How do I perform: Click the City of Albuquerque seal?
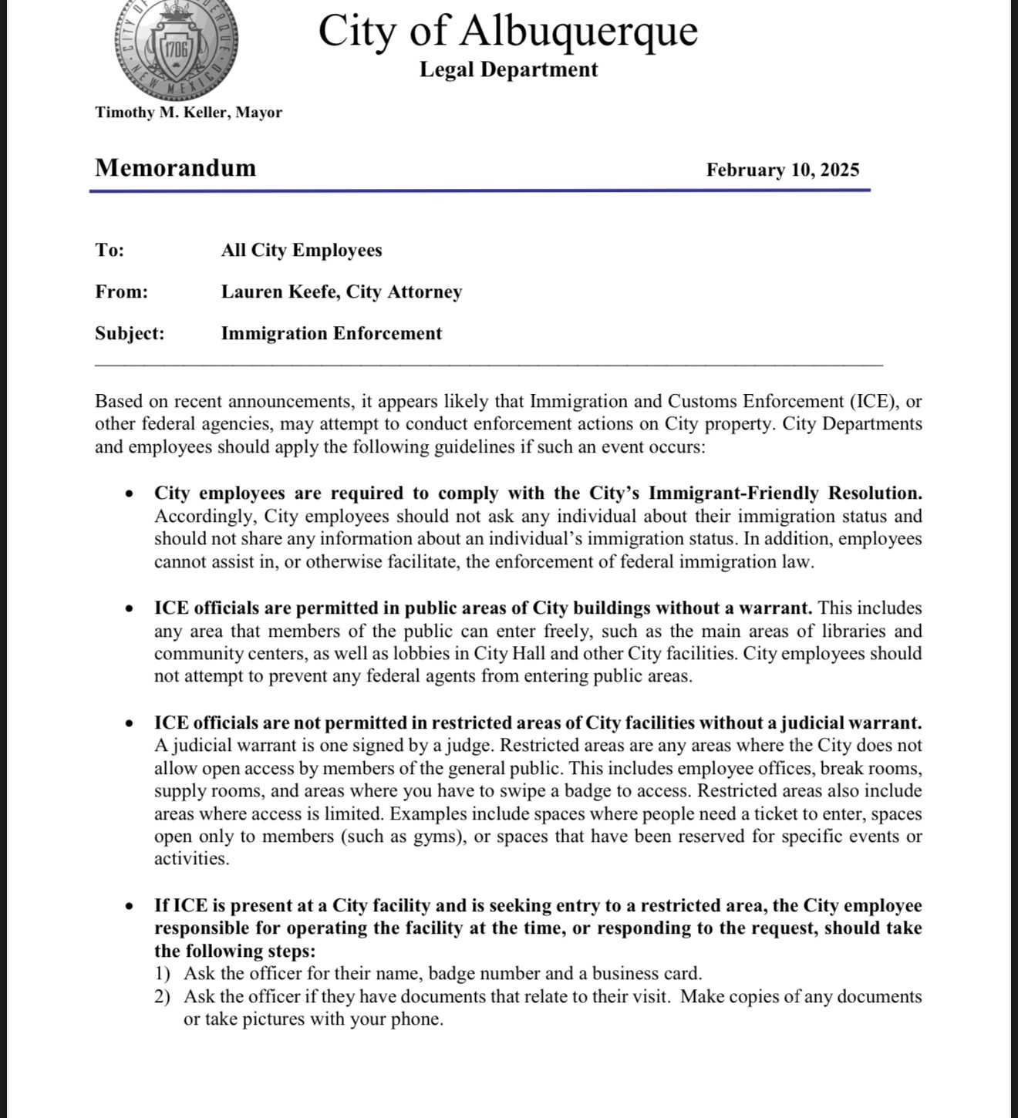pos(177,48)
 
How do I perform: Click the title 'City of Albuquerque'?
pos(507,31)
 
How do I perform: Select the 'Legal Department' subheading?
pos(508,69)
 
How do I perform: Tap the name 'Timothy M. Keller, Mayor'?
pos(188,113)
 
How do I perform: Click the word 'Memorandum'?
pos(175,168)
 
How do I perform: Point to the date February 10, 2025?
pos(782,170)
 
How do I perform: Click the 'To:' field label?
pos(110,251)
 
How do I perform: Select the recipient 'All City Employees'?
pos(301,251)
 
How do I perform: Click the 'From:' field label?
pos(121,292)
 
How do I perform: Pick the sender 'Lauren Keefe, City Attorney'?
pos(341,292)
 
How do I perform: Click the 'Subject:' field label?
pos(130,334)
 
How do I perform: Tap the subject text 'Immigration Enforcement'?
pos(331,334)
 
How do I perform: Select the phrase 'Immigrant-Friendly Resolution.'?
pos(785,493)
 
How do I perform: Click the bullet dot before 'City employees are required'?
pos(130,494)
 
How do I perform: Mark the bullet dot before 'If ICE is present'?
pos(130,907)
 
